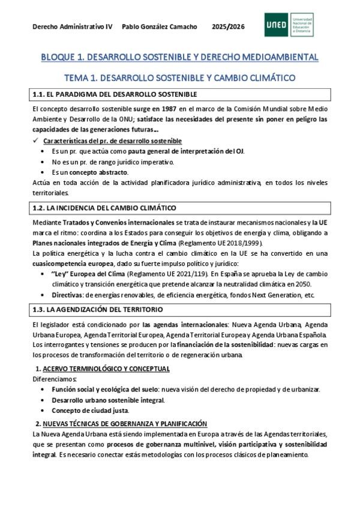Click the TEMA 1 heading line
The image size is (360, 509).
tap(179, 78)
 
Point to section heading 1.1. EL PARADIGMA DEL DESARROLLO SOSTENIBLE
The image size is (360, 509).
tap(113, 94)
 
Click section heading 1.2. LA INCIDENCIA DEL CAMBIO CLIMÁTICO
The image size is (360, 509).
tap(103, 208)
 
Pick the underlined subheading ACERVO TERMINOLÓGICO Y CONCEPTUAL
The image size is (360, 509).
tap(106, 369)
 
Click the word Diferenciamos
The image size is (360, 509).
tap(55, 379)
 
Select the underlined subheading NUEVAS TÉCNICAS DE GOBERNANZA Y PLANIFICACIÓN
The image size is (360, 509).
tap(125, 423)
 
